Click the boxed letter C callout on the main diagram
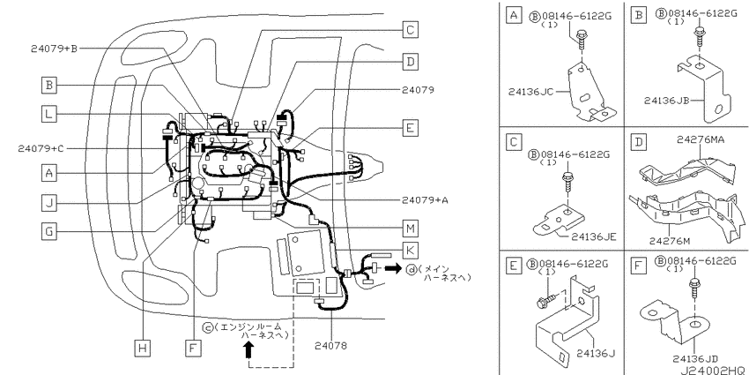click(410, 30)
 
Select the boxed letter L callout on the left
click(48, 115)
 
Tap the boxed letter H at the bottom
click(142, 348)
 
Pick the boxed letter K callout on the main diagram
click(410, 251)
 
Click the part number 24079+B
click(54, 49)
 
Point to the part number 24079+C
click(41, 148)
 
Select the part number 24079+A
click(425, 200)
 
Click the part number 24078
click(331, 345)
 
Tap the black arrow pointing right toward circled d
click(394, 268)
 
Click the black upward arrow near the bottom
click(248, 350)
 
